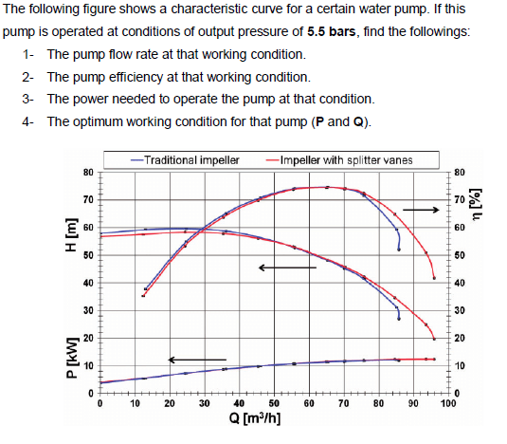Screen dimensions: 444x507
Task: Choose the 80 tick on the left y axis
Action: click(87, 172)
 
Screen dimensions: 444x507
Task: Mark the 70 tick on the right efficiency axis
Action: click(460, 200)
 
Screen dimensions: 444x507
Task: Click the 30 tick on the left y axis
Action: click(87, 311)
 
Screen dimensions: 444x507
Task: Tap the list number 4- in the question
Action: click(28, 122)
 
